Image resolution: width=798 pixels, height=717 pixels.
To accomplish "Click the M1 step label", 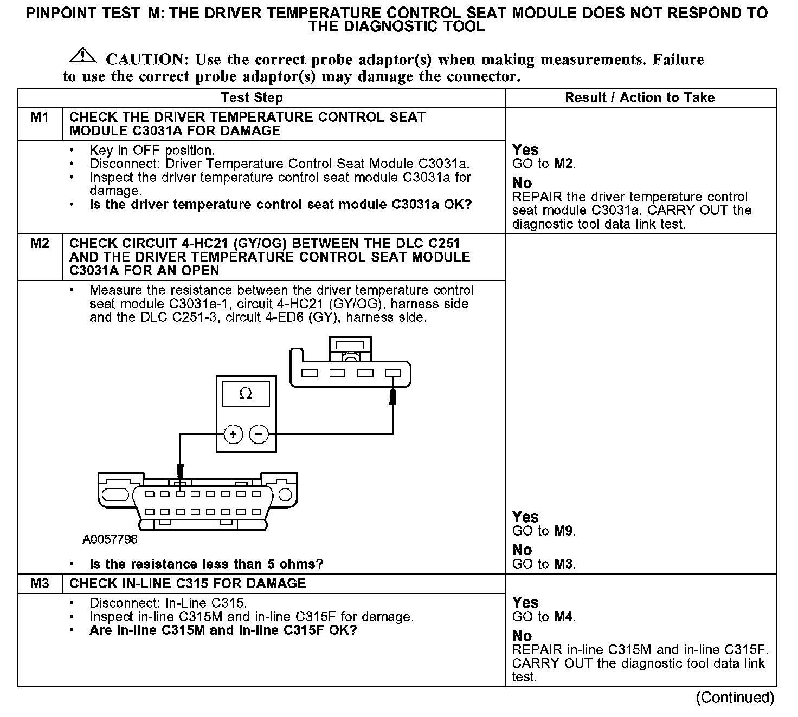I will pyautogui.click(x=40, y=117).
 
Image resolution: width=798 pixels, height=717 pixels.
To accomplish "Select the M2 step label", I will pyautogui.click(x=40, y=244).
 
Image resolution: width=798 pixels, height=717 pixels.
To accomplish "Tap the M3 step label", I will pyautogui.click(x=40, y=583).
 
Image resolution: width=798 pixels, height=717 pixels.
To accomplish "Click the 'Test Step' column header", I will pyautogui.click(x=252, y=98).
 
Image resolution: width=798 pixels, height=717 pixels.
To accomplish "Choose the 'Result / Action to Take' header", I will pyautogui.click(x=640, y=98).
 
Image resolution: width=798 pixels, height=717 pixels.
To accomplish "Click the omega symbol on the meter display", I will pyautogui.click(x=246, y=394).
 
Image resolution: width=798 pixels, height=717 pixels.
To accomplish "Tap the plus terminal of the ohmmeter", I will pyautogui.click(x=233, y=434).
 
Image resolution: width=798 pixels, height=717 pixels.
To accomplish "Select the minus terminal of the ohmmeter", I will pyautogui.click(x=259, y=434).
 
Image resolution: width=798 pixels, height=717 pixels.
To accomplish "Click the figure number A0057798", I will pyautogui.click(x=110, y=539).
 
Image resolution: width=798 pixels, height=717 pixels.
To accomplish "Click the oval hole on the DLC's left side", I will pyautogui.click(x=115, y=494).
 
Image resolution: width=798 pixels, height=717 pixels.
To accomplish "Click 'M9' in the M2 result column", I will pyautogui.click(x=564, y=531).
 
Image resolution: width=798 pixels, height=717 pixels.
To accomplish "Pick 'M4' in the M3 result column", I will pyautogui.click(x=564, y=617).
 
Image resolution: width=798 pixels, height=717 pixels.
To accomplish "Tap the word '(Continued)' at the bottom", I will pyautogui.click(x=735, y=698).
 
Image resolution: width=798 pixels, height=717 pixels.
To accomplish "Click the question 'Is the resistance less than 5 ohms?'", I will pyautogui.click(x=206, y=564).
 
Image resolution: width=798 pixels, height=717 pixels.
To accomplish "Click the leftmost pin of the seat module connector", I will pyautogui.click(x=310, y=373).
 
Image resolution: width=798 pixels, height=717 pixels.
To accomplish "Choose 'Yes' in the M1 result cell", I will pyautogui.click(x=525, y=150).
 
